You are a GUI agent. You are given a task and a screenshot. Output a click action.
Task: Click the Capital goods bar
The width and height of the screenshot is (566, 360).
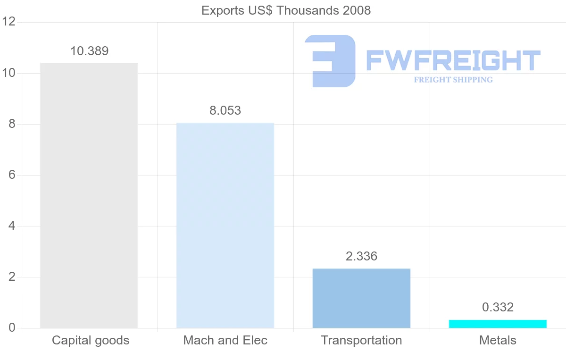pyautogui.click(x=89, y=195)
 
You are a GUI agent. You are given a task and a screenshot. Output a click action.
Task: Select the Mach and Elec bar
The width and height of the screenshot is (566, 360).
pyautogui.click(x=225, y=225)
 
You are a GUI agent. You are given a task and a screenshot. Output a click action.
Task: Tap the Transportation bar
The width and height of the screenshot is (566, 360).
pyautogui.click(x=361, y=298)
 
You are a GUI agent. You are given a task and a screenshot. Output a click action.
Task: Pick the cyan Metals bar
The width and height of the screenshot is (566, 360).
pyautogui.click(x=498, y=324)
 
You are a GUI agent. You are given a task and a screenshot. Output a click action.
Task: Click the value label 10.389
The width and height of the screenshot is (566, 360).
pyautogui.click(x=89, y=51)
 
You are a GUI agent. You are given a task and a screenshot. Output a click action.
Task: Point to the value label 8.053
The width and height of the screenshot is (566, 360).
pyautogui.click(x=225, y=110)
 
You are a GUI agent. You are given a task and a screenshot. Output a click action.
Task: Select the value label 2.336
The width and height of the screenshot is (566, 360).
pyautogui.click(x=361, y=256)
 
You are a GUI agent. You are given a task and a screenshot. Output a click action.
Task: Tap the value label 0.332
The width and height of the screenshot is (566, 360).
pyautogui.click(x=498, y=307)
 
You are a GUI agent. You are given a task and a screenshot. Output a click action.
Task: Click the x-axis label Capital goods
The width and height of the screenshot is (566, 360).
pyautogui.click(x=91, y=340)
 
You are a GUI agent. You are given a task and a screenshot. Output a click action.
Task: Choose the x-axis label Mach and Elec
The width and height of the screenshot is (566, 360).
pyautogui.click(x=225, y=340)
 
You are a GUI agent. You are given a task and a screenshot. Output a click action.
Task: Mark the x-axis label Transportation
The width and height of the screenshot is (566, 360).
pyautogui.click(x=361, y=340)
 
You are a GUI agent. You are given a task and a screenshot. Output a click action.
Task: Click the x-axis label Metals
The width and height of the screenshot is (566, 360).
pyautogui.click(x=498, y=340)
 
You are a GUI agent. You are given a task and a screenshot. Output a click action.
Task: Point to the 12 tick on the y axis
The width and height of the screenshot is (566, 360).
pyautogui.click(x=8, y=22)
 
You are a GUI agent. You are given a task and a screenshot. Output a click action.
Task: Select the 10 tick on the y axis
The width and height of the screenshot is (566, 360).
pyautogui.click(x=8, y=73)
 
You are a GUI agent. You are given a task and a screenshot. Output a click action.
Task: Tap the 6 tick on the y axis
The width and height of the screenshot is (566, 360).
pyautogui.click(x=12, y=175)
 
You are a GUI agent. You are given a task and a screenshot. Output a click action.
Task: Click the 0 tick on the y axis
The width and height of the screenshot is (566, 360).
pyautogui.click(x=12, y=328)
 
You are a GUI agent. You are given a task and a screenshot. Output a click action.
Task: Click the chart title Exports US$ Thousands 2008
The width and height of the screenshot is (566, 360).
pyautogui.click(x=286, y=10)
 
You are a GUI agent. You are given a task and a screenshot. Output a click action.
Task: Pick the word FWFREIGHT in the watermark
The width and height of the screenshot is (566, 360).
pyautogui.click(x=453, y=61)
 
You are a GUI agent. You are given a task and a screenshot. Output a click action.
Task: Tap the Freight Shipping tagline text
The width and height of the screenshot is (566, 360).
pyautogui.click(x=453, y=80)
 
